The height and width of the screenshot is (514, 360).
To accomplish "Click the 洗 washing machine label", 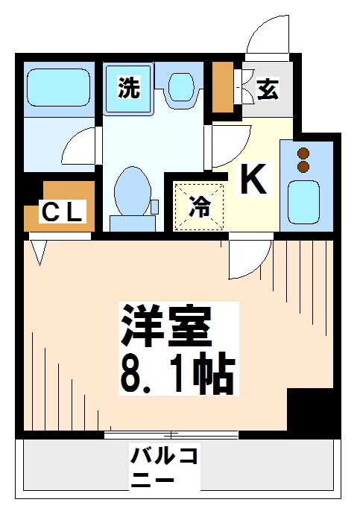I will coord(129,89).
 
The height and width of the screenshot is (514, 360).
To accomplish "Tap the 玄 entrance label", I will coord(268,89).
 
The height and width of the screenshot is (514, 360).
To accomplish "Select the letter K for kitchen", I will coord(253,180).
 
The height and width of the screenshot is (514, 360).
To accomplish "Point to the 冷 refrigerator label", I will coord(199,206).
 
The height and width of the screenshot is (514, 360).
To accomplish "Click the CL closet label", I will coord(61,213).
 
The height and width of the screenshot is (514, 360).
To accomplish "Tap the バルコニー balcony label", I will coord(164,465).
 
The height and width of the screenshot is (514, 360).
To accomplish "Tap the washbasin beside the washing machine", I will coord(180,86).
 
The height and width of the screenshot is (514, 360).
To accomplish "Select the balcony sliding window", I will coord(171,435).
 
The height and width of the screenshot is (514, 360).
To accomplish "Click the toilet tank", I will coord(132,223).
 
